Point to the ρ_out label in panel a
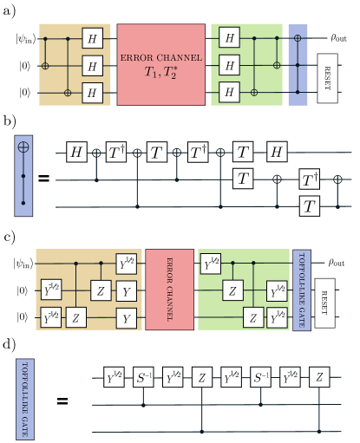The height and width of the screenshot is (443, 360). click(339, 37)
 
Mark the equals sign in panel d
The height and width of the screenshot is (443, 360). click(63, 379)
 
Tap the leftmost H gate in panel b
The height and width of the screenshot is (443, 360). click(76, 152)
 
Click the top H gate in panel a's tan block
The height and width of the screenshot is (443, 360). click(90, 38)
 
